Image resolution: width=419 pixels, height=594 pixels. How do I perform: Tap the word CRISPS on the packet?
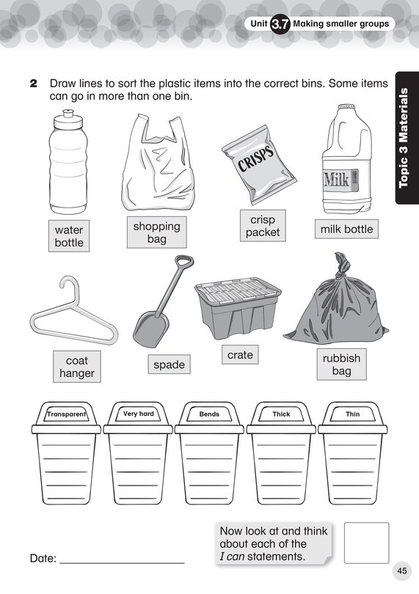point(256,158)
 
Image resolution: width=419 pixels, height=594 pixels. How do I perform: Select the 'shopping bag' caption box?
point(156,232)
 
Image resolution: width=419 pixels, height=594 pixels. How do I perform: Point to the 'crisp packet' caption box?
point(263,226)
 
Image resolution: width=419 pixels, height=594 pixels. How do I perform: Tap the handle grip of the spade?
point(183,261)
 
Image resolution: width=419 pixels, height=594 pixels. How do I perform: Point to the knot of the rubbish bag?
point(342,266)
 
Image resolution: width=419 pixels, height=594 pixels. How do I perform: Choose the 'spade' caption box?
point(169,364)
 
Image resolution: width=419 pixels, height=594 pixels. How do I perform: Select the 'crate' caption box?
point(240,355)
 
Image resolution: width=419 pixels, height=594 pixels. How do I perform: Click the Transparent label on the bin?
point(66,414)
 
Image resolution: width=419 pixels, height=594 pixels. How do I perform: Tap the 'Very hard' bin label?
point(139,414)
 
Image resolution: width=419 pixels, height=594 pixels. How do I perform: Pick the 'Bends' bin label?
point(209,414)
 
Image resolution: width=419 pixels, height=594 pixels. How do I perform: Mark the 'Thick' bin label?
point(281,414)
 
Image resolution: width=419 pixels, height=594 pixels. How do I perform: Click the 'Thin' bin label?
point(353,414)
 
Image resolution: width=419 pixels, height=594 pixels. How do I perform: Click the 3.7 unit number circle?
point(280,25)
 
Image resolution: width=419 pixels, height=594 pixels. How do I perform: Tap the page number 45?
point(402,571)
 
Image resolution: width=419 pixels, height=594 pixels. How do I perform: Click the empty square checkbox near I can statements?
point(367,543)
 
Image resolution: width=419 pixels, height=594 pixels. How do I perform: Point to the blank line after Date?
point(122,563)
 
